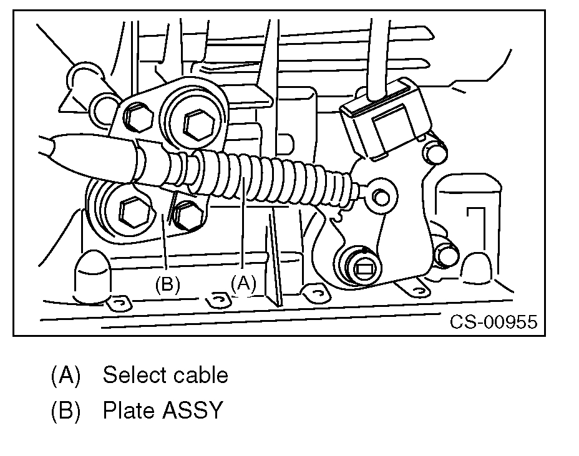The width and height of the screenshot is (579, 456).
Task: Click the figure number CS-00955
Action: (x=494, y=322)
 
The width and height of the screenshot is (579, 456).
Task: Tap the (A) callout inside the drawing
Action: (x=243, y=283)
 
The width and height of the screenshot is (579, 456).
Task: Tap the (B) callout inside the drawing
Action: (x=167, y=284)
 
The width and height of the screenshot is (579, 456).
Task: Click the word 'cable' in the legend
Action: (x=201, y=376)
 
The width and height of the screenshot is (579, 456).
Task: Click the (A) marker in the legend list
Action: (x=66, y=376)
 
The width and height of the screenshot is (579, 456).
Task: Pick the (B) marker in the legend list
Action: (x=66, y=412)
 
